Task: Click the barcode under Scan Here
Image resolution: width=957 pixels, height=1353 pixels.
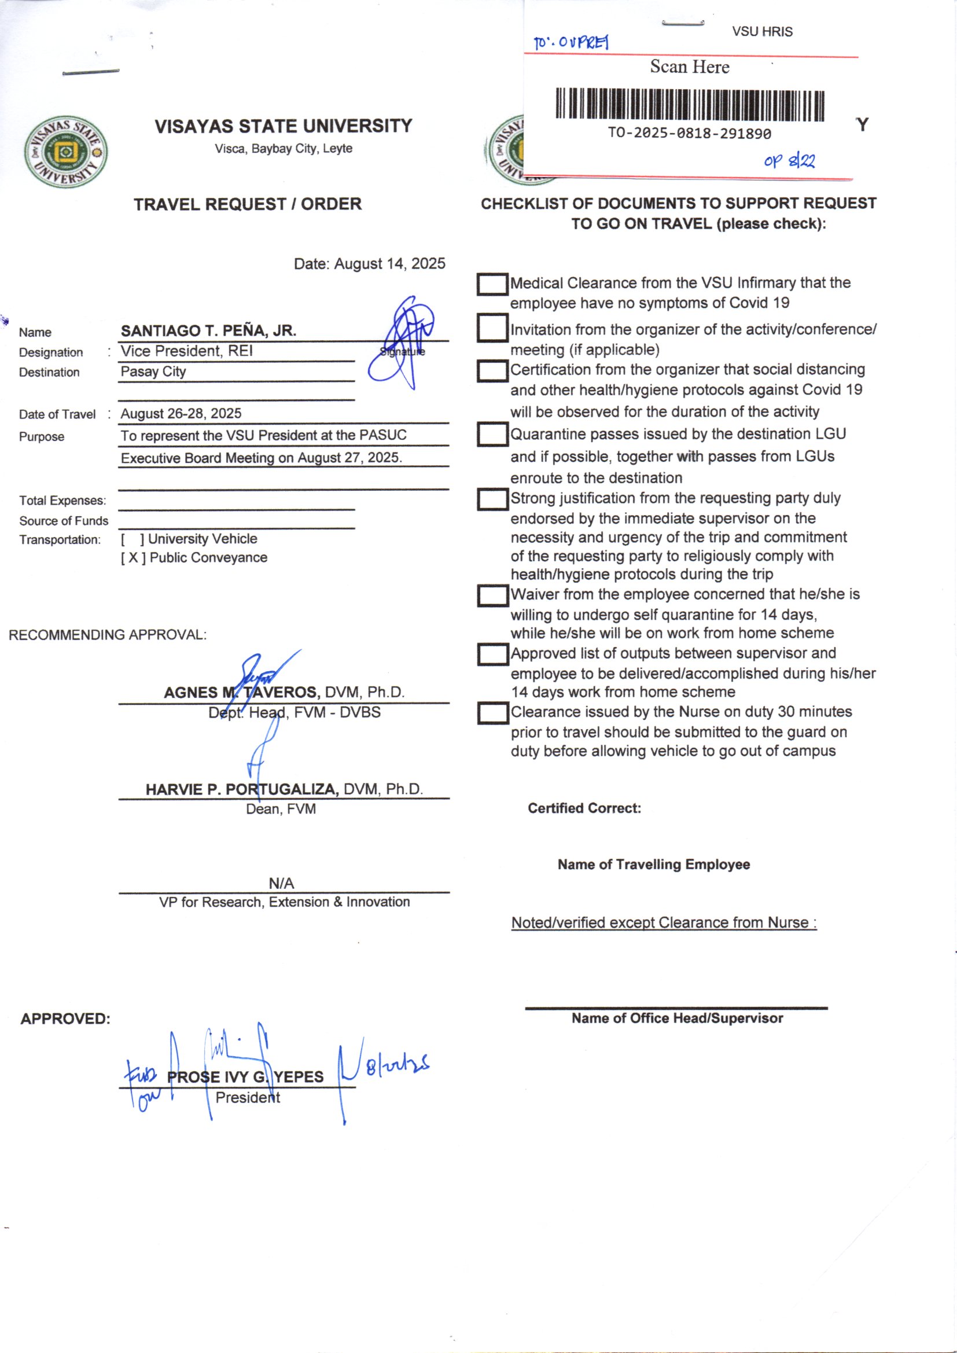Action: point(690,105)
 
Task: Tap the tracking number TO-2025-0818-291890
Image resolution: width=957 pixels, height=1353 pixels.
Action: point(690,134)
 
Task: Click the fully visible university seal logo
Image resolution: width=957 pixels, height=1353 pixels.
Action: point(66,152)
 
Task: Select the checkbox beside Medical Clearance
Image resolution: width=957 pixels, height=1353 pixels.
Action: point(492,284)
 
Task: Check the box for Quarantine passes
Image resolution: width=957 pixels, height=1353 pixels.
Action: point(492,434)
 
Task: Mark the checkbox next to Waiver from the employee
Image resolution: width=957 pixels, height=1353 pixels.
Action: point(492,595)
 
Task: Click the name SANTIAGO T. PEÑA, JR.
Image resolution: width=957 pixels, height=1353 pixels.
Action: point(208,330)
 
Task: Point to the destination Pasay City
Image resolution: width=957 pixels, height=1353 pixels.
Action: point(153,372)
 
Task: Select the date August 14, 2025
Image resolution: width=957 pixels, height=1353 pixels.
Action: point(389,263)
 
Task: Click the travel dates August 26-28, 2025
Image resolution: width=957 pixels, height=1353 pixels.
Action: point(181,414)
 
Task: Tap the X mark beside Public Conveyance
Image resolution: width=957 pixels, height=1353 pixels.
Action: point(133,557)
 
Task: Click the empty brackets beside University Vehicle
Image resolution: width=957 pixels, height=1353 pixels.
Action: point(132,539)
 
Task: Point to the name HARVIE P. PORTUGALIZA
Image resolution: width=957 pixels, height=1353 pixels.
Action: point(242,789)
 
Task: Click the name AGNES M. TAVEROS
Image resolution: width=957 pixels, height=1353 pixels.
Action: point(242,692)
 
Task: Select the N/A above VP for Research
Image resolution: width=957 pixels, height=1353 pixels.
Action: point(281,883)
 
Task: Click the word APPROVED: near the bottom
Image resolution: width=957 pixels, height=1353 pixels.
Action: point(65,1019)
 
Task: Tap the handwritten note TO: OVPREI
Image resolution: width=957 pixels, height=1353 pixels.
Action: point(570,42)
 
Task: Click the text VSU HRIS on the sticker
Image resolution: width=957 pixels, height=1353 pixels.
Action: point(762,32)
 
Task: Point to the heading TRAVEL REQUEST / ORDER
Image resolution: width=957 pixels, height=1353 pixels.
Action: point(248,204)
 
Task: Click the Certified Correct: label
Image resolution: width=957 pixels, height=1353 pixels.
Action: point(584,808)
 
